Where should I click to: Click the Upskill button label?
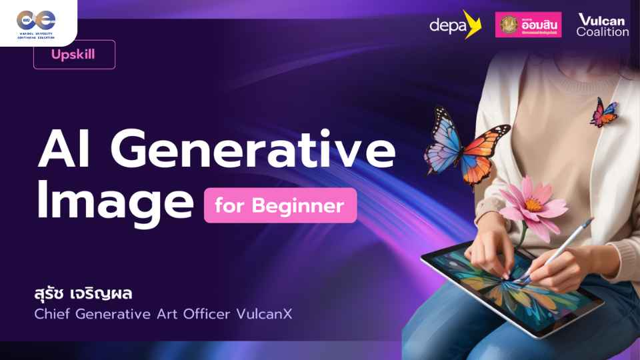coord(73,55)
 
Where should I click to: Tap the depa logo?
coord(455,25)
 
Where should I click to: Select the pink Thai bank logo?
coord(528,25)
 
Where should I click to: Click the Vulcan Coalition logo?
coord(602,25)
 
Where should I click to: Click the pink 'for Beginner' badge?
coord(280,206)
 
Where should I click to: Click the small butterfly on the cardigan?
coord(604,113)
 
